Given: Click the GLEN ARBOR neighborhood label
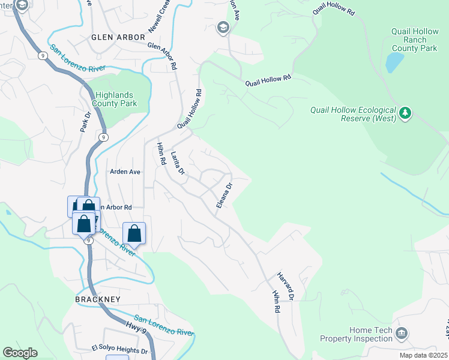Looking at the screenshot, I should [118, 37].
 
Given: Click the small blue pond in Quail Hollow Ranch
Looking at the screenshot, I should [394, 62].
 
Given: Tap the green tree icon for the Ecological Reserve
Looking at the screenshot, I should [406, 113].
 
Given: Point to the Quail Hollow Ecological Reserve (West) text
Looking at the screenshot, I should [353, 114].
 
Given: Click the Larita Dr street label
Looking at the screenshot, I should [177, 163].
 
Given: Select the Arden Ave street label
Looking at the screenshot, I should [125, 172].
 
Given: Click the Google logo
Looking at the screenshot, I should [20, 353].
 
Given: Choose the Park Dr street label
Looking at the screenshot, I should [85, 122].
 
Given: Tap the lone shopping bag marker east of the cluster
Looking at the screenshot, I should [134, 233].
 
